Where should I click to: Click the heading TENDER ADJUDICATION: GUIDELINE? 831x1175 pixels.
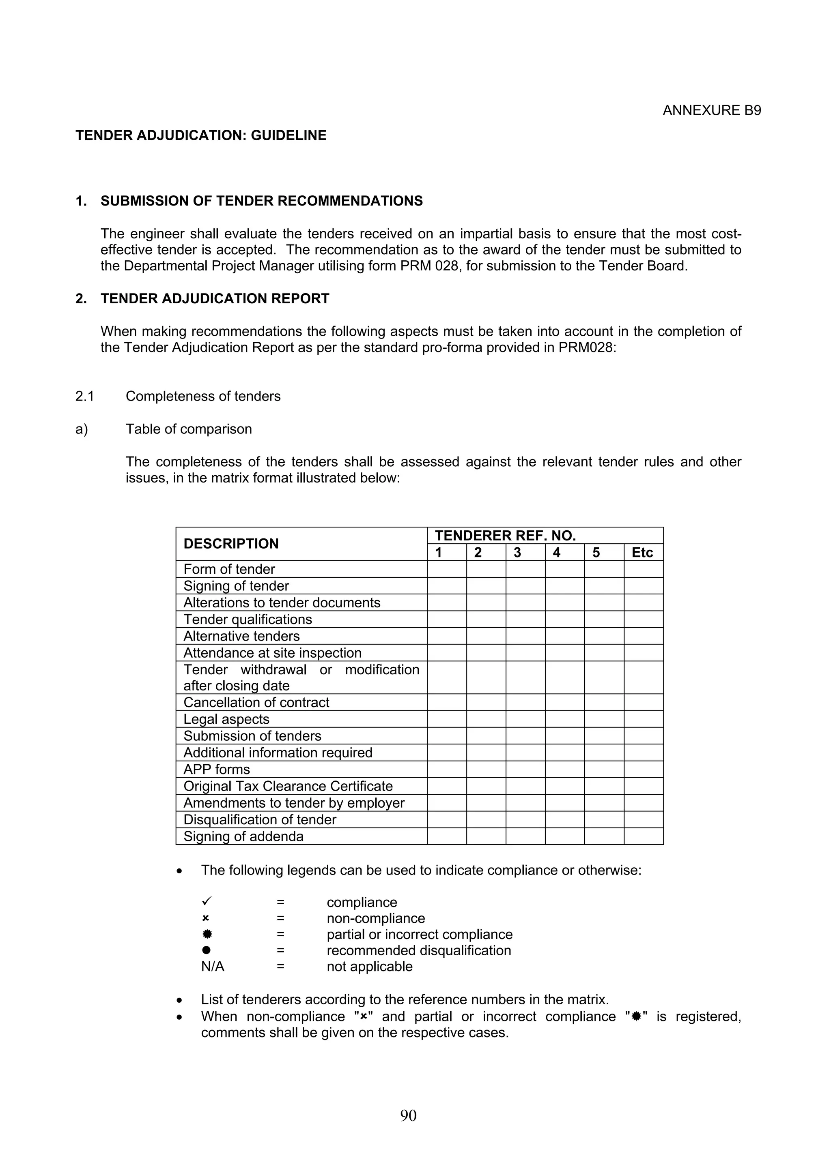[x=201, y=135]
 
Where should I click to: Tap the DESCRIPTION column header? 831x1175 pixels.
[x=231, y=543]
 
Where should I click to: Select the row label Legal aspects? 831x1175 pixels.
[x=226, y=719]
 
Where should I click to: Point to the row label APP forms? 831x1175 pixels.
[x=217, y=769]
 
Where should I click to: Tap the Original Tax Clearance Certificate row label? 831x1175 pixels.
[x=288, y=786]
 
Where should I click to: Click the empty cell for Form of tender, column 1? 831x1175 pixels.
[x=446, y=569]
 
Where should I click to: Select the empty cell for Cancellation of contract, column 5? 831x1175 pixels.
[x=604, y=702]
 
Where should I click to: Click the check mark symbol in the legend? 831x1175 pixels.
[x=207, y=901]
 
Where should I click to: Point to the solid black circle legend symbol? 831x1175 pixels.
[x=207, y=950]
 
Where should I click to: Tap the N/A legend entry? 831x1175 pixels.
[x=213, y=966]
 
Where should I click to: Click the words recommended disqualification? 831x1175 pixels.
[x=418, y=950]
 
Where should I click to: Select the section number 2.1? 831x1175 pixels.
[x=84, y=396]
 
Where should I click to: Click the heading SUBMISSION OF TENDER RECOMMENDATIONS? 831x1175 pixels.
[x=261, y=201]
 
